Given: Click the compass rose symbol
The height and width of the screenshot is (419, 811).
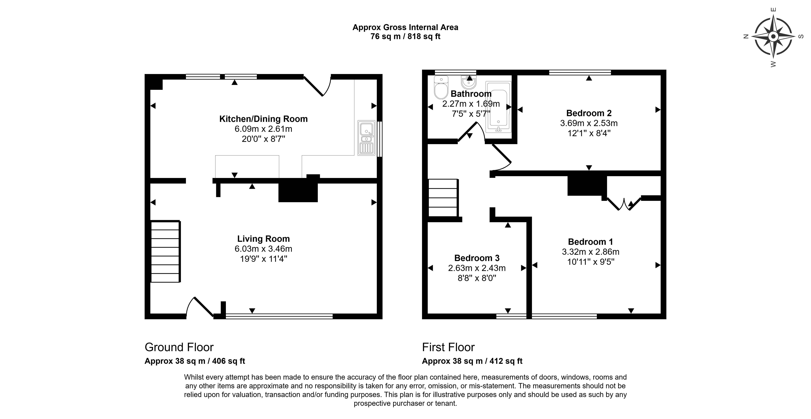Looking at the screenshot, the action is pos(773,37).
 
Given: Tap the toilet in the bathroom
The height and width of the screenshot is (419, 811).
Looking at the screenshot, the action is pos(441,87).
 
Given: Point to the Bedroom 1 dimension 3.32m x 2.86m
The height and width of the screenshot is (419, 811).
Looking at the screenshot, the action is pos(591,252).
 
